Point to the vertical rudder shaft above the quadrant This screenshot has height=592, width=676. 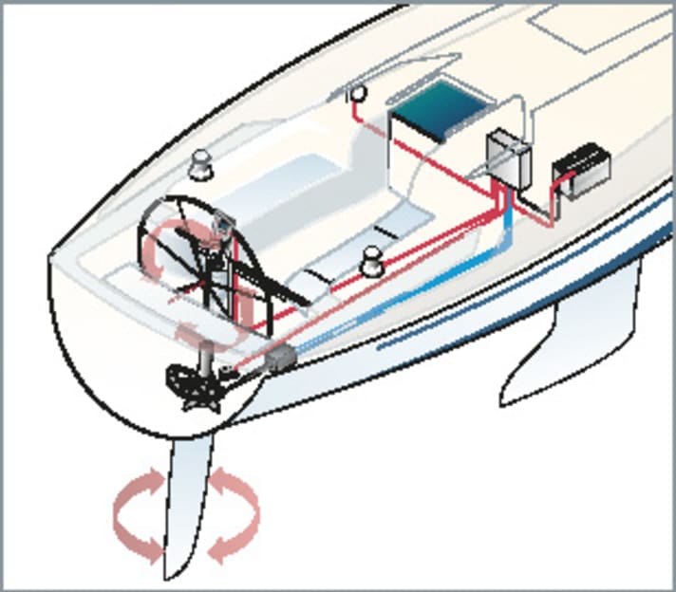coord(204,361)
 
